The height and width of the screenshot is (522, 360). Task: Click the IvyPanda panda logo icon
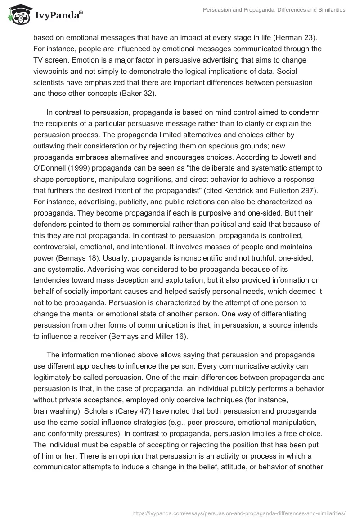pos(17,15)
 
